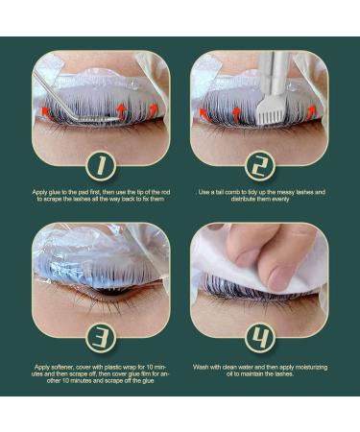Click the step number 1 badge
point(101,166)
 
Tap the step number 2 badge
point(259,166)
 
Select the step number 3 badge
point(101,338)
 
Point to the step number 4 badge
point(259,338)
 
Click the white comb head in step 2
point(263,112)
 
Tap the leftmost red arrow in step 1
point(48,113)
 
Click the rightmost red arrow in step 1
point(154,110)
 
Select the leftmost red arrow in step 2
point(204,114)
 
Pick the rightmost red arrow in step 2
point(312,113)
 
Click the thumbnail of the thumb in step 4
point(277,276)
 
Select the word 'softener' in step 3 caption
point(61,367)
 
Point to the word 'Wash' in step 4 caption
point(200,367)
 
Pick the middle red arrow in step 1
point(122,110)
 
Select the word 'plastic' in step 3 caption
point(115,367)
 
